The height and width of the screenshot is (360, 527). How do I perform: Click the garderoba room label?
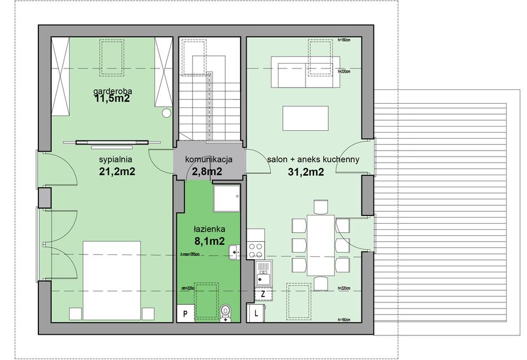[112, 91]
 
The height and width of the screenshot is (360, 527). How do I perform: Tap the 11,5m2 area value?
[112, 100]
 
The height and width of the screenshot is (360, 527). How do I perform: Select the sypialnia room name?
[115, 160]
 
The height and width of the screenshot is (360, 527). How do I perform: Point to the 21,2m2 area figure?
[116, 172]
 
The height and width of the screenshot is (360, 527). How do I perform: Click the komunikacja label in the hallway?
[208, 160]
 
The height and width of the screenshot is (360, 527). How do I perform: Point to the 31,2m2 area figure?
[306, 172]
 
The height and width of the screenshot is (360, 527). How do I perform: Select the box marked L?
[257, 313]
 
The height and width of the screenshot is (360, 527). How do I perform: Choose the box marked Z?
[263, 294]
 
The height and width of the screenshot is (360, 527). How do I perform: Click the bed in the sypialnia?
[112, 280]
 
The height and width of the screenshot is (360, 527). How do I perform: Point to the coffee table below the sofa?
[306, 118]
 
